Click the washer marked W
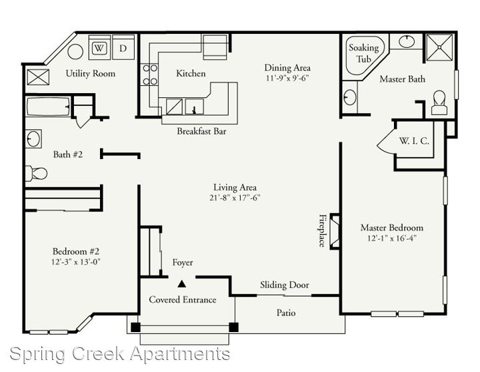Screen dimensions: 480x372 (99, 47)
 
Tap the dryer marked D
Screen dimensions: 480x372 (123, 47)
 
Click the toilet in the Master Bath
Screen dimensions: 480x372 (439, 102)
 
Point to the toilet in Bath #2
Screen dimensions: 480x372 (36, 173)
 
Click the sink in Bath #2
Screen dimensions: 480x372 (33, 139)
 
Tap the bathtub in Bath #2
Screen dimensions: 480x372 (48, 106)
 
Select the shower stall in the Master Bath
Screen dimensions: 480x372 (439, 47)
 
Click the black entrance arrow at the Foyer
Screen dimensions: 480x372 (182, 284)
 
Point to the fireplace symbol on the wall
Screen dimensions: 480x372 (335, 232)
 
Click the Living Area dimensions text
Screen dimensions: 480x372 (235, 198)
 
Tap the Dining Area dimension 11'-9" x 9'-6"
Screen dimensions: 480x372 (287, 78)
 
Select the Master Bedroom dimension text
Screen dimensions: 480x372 (392, 238)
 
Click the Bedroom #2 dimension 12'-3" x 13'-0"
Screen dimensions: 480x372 (76, 262)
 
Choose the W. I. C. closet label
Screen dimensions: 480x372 (414, 141)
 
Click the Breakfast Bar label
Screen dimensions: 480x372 (201, 132)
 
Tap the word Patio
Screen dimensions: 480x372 (286, 313)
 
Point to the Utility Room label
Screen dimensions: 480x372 (91, 74)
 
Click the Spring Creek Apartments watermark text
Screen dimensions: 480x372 (120, 355)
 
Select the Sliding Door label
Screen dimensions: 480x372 (285, 285)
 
